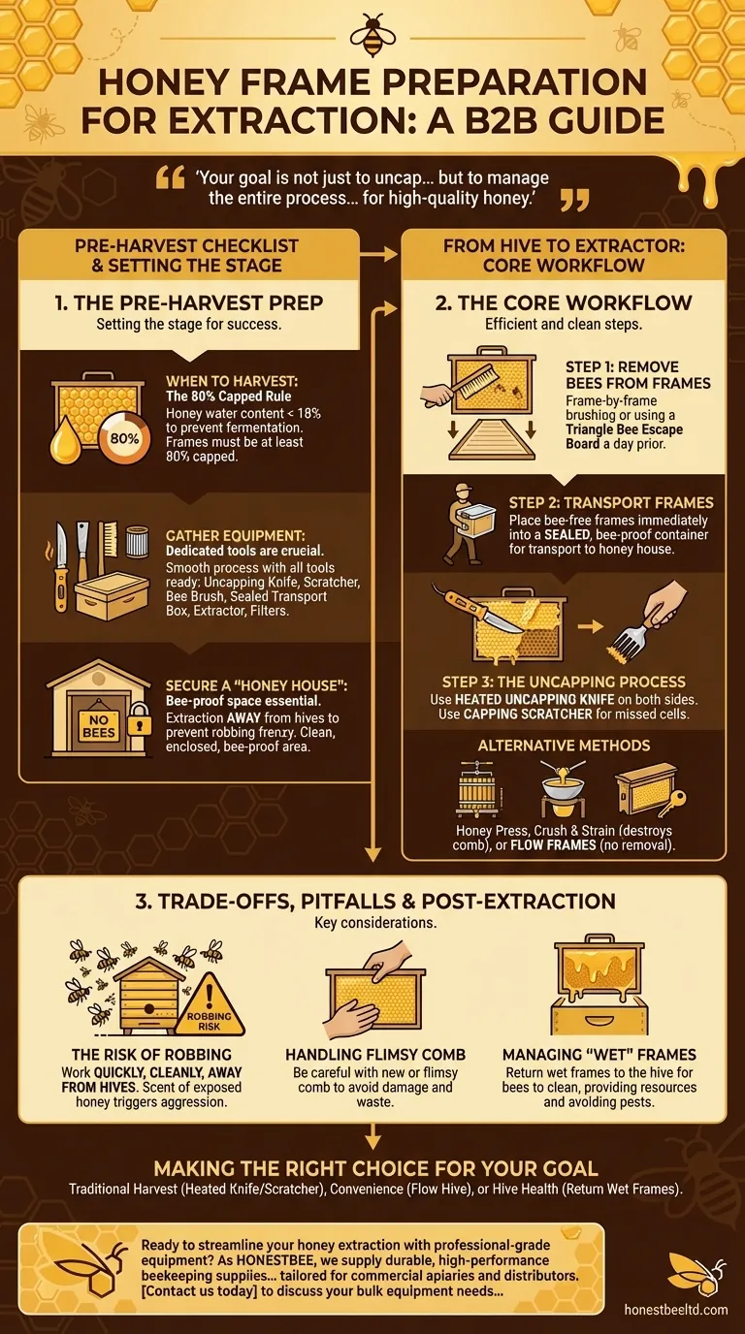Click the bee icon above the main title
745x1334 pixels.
tap(372, 36)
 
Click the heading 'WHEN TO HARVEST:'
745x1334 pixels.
tap(221, 382)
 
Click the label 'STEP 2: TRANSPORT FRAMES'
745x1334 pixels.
tap(611, 503)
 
